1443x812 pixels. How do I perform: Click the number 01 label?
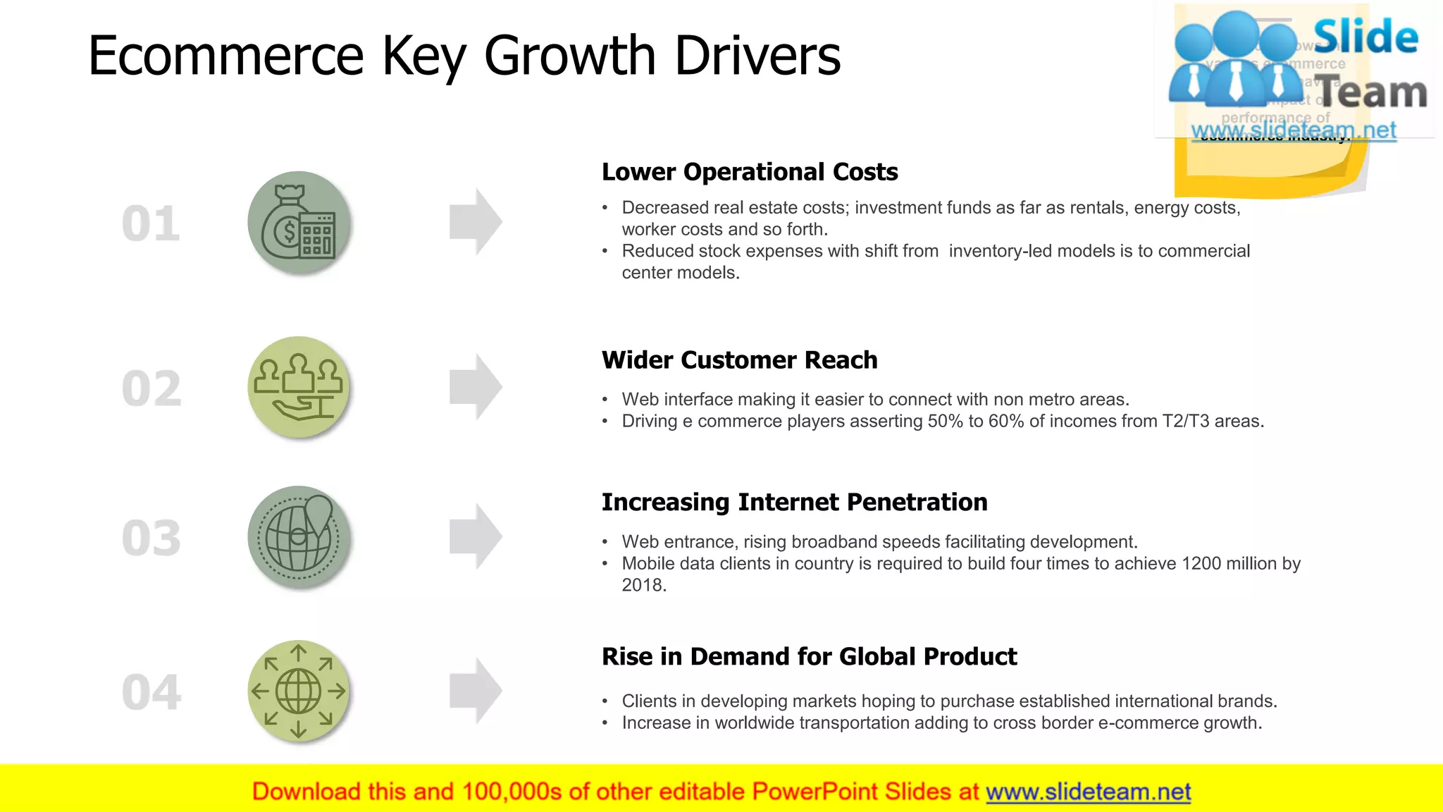pos(151,224)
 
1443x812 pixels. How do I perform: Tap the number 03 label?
pos(151,539)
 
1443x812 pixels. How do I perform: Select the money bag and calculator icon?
pos(299,223)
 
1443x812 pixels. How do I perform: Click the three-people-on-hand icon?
pos(299,387)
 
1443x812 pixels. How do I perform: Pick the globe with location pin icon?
pos(299,537)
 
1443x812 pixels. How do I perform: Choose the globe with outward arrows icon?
pos(299,691)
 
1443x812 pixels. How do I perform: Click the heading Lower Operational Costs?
pos(749,172)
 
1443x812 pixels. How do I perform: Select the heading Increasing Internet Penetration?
pos(794,502)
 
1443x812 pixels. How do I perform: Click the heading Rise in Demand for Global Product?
pos(809,656)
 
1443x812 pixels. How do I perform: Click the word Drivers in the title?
pos(757,56)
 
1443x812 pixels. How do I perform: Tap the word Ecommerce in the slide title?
pos(225,56)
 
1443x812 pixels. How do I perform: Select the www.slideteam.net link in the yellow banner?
pos(1088,792)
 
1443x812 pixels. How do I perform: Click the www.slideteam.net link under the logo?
pos(1293,130)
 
